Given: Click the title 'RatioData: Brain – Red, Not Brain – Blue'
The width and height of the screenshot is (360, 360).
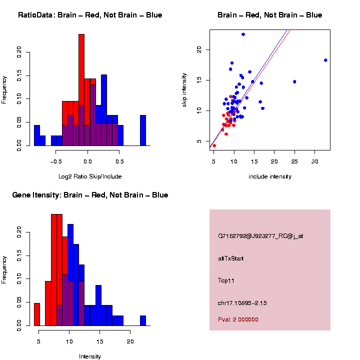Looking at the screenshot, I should (90, 15).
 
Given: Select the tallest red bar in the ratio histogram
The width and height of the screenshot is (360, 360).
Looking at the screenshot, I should (81, 90).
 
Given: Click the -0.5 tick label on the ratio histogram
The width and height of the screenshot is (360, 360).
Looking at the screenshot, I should (55, 162).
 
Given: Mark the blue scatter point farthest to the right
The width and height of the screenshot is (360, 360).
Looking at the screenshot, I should (325, 60).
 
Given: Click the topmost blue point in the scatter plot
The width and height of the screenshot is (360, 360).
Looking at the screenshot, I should (243, 34).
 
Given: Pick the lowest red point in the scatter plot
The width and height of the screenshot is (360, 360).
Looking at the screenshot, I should (214, 145).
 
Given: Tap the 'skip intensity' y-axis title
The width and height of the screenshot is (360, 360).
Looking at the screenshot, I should (184, 89).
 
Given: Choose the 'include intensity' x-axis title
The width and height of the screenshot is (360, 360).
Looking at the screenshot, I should (270, 176).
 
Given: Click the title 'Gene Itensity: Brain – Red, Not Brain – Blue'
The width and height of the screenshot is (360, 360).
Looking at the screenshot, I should (90, 195).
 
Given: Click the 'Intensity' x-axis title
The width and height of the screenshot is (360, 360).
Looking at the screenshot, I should (90, 356).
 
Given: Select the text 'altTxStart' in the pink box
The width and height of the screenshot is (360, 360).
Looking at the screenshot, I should (230, 258).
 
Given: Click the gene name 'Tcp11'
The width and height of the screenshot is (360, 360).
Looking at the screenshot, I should (226, 280).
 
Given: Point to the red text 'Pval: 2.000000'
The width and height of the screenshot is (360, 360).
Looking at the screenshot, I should (238, 319).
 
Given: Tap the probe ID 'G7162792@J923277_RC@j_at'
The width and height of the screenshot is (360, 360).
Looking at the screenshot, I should (260, 236).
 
